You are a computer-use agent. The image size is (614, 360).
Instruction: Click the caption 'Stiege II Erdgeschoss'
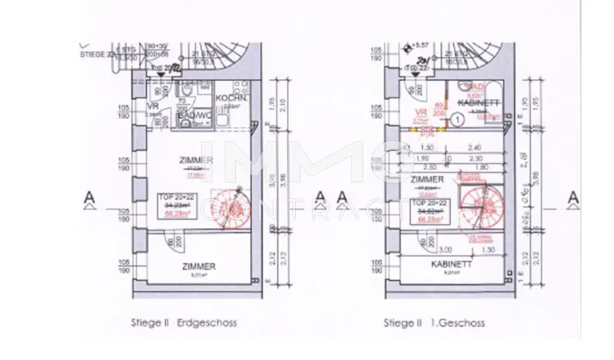tap(183, 323)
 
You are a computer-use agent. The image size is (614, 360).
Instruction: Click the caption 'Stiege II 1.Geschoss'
tap(434, 323)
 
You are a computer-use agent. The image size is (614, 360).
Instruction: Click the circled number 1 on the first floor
tap(457, 120)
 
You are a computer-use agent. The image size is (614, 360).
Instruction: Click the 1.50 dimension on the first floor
tap(427, 148)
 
